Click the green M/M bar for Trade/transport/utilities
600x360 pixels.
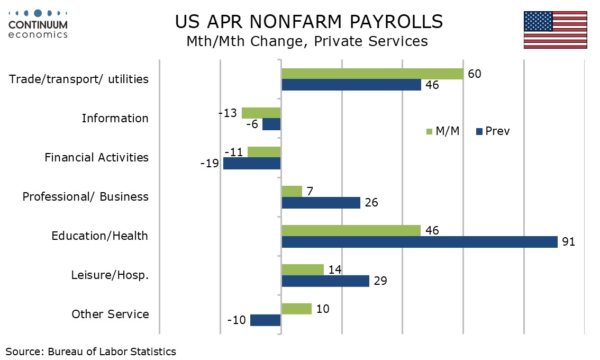pos(372,74)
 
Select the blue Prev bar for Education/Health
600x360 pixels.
pos(420,242)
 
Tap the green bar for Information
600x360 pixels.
pos(261,113)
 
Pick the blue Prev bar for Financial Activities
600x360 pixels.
pos(252,164)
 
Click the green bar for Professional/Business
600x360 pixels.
pos(292,192)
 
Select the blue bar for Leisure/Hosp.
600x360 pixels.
pos(325,281)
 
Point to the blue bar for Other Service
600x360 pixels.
pos(266,320)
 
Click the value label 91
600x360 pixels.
pos(568,241)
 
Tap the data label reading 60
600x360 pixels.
pos(475,74)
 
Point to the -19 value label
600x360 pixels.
pos(210,164)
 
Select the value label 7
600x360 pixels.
pos(310,191)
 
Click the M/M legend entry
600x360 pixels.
pos(443,131)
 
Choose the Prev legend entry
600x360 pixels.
pos(493,131)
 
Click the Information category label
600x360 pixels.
pos(115,119)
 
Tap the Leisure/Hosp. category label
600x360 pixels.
pos(110,275)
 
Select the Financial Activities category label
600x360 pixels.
pos(96,157)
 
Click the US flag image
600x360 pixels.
pos(555,30)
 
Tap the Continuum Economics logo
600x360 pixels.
pos(38,24)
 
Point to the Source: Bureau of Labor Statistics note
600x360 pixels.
pos(90,352)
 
